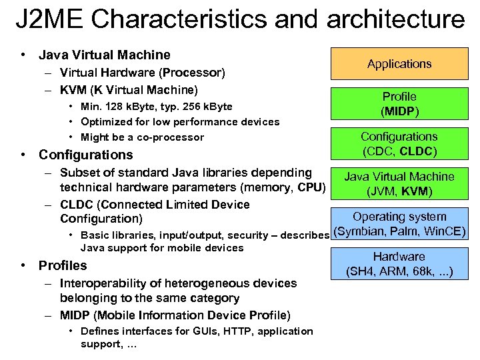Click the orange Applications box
[399, 64]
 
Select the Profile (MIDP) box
[399, 103]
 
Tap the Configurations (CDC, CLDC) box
[399, 143]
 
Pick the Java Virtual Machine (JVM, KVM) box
[399, 183]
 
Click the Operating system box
[399, 224]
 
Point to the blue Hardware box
[399, 264]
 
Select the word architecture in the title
[395, 20]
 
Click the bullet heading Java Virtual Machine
[105, 55]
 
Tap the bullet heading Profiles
[63, 265]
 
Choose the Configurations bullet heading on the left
[86, 155]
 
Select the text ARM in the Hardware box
[388, 271]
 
